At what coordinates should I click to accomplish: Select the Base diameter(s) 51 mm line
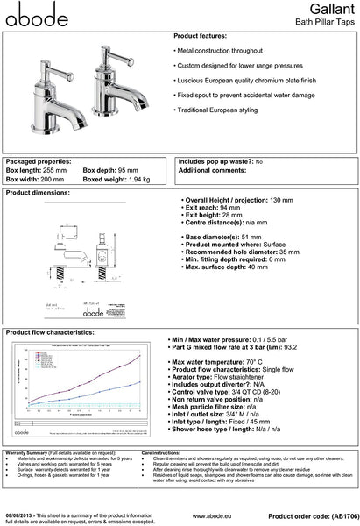[x=220, y=237]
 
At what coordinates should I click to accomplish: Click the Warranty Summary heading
[x=34, y=452]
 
